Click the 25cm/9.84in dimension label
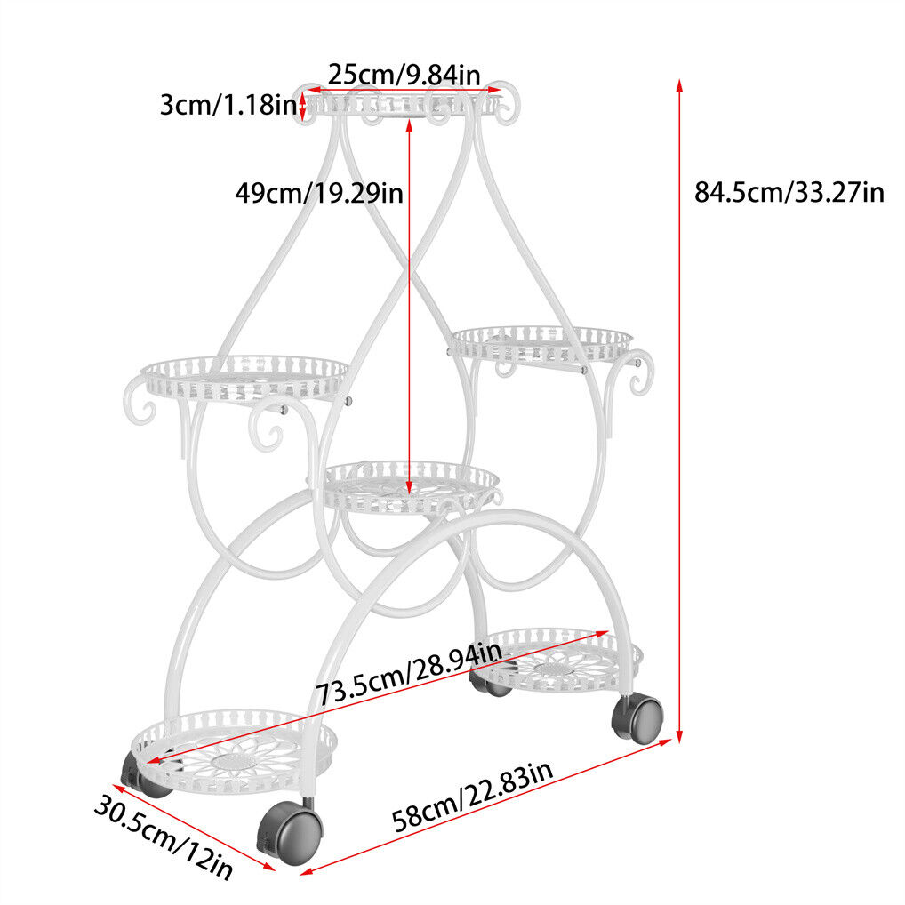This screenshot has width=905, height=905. coord(404,75)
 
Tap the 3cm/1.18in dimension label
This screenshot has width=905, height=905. coord(228,105)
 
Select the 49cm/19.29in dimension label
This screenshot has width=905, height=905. coord(319,193)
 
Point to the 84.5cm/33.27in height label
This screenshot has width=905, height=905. coord(789,192)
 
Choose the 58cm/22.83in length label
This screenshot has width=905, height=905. coord(472,796)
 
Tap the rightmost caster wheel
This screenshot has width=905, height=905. coord(637,718)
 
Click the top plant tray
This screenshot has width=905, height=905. coord(404,104)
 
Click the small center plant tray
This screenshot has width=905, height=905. coord(409,486)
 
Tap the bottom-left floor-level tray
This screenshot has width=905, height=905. coord(234,751)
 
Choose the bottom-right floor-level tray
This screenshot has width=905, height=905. coord(557,659)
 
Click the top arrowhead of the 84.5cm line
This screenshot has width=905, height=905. coord(679,84)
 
